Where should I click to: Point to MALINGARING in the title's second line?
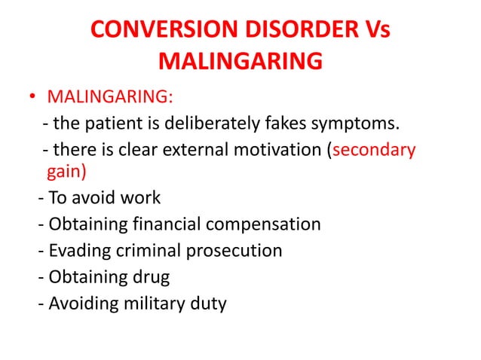coord(241,61)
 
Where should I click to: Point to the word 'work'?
coord(141,198)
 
